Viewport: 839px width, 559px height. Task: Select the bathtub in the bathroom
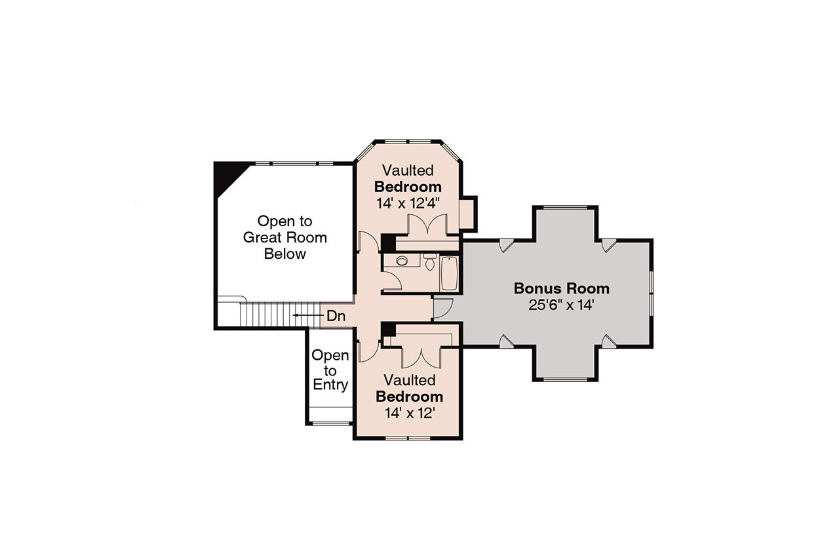(x=450, y=273)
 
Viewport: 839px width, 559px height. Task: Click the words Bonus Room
(x=561, y=288)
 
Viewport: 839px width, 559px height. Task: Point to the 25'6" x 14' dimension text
(x=561, y=305)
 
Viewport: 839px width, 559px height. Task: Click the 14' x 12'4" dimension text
(x=407, y=203)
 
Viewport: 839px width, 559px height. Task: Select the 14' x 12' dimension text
(x=409, y=413)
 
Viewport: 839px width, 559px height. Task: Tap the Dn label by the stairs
(x=336, y=316)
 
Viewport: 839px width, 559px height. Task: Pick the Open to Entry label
(x=330, y=370)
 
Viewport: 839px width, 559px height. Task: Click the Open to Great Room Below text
(x=284, y=237)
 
